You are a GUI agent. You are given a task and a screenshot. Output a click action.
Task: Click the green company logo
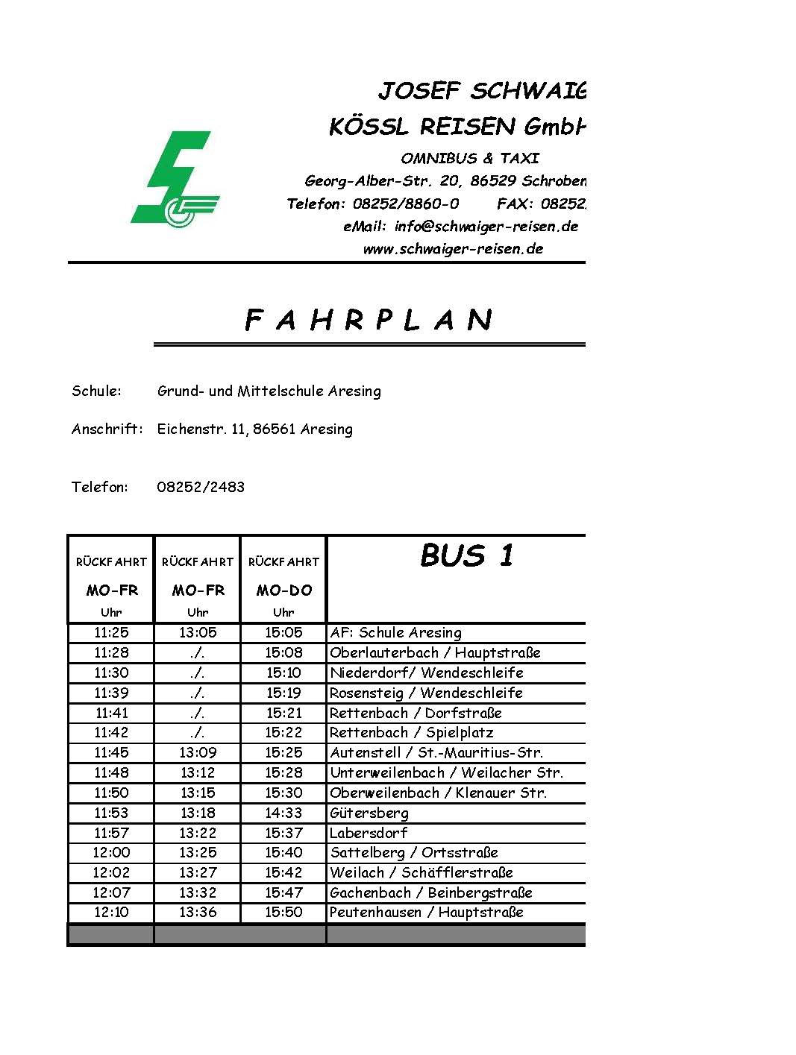pos(175,180)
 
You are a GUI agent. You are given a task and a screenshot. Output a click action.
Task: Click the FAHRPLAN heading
pos(369,321)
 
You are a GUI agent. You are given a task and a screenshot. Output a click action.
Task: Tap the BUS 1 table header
pos(467,555)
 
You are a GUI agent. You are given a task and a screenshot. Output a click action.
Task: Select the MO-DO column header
pos(283,591)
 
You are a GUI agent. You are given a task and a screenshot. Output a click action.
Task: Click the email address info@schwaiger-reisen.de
pos(460,226)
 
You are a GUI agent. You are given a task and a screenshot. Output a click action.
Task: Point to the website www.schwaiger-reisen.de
pos(453,249)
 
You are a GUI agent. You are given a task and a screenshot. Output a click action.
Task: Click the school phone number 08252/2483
pos(201,488)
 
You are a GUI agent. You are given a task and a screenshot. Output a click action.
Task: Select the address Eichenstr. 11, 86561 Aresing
pos(254,429)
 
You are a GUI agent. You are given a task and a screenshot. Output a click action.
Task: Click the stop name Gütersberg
pos(369,813)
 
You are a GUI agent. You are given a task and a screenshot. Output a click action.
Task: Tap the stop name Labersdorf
pos(369,833)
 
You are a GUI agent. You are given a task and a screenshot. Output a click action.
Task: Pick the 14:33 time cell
pos(283,813)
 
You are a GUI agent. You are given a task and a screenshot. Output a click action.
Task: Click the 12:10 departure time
pos(111,912)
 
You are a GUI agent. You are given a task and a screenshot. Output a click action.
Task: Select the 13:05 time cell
pos(198,633)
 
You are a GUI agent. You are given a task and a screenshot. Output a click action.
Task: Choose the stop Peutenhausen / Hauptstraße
pos(427,912)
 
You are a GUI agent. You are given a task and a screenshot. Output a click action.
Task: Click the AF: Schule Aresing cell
pos(396,633)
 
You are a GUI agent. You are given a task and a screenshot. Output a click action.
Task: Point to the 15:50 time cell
pos(283,912)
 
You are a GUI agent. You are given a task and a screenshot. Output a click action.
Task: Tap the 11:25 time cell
pos(111,633)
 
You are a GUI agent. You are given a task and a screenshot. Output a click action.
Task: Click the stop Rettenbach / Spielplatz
pos(412,733)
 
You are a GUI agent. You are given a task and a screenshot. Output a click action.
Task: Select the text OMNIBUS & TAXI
pos(469,158)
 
